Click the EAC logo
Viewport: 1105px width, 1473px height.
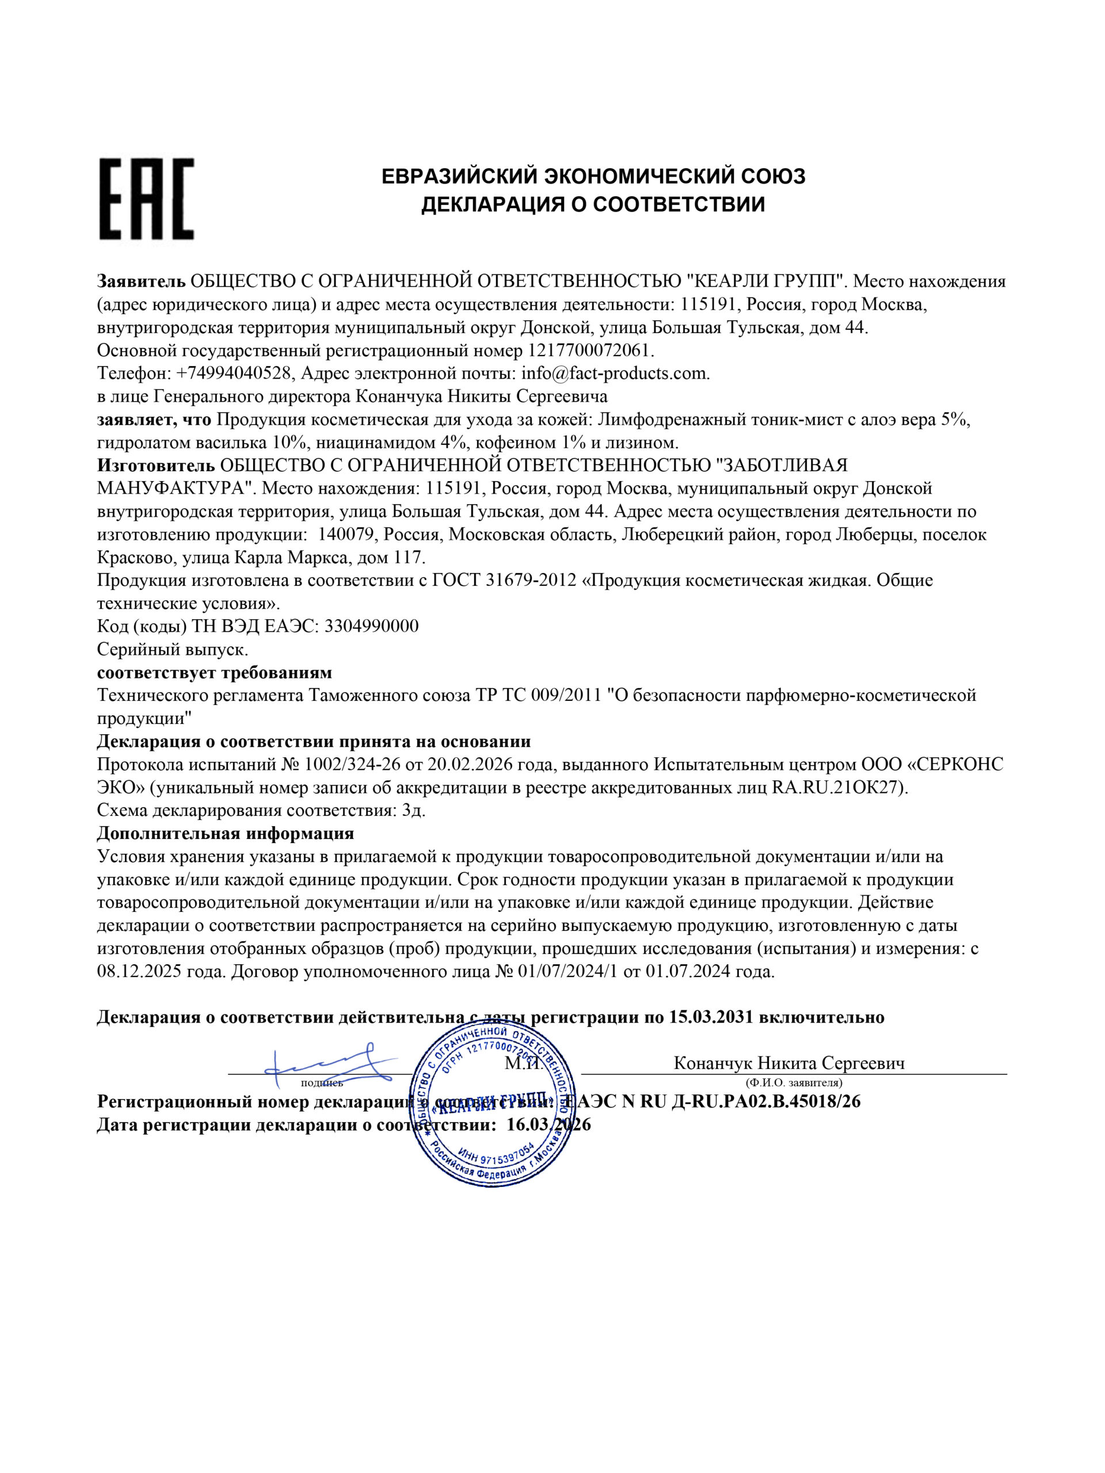(147, 199)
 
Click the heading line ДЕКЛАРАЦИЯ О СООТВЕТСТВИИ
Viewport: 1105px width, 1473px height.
(593, 204)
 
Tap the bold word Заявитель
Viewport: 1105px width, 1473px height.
(140, 281)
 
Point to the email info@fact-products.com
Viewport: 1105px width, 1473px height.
(615, 373)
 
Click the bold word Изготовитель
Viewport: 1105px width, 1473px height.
(156, 465)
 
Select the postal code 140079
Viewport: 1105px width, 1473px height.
(346, 534)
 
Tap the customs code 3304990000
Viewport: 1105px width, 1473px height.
(372, 626)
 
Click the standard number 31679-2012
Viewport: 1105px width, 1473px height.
(531, 580)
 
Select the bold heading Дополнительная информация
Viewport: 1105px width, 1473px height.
(225, 833)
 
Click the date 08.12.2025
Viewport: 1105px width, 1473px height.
(138, 972)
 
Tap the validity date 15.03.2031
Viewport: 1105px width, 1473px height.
(711, 1017)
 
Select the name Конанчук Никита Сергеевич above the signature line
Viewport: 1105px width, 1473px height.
(789, 1063)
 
